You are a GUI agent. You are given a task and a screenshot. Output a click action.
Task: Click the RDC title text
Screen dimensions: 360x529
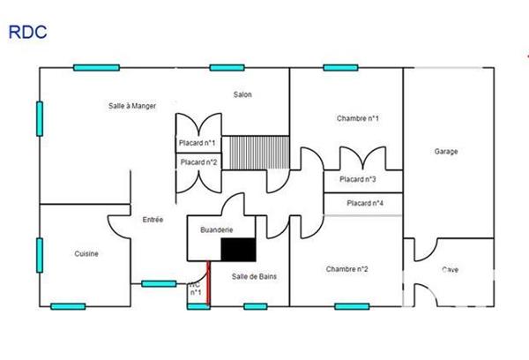(27, 32)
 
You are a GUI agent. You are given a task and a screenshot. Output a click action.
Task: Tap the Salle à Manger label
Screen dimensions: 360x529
(132, 106)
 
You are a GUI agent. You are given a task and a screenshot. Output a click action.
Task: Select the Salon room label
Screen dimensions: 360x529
(243, 94)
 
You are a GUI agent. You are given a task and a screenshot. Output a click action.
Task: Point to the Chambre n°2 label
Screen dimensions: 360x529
(346, 269)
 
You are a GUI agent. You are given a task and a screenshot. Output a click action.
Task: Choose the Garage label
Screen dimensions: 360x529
(446, 151)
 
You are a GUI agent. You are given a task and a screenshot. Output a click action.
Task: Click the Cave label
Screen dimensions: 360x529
(450, 270)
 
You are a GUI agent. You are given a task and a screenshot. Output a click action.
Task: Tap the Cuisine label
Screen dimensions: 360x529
(86, 254)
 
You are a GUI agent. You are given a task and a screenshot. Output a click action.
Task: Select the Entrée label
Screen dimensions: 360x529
(153, 220)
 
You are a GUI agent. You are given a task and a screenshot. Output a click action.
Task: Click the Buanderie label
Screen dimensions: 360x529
(217, 229)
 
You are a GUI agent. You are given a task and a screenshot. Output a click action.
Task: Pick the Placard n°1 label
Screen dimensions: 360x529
(198, 142)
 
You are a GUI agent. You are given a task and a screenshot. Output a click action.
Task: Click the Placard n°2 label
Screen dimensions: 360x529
(198, 161)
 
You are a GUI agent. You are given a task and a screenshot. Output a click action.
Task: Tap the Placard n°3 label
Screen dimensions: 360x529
(358, 180)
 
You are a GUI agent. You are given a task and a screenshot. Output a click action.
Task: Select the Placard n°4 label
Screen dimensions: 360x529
(365, 204)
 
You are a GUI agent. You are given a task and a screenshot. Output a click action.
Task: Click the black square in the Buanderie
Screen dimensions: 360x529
(237, 250)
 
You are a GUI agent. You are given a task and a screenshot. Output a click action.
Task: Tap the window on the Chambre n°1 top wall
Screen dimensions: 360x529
(339, 67)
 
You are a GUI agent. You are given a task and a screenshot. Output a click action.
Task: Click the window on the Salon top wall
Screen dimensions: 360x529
(227, 67)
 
